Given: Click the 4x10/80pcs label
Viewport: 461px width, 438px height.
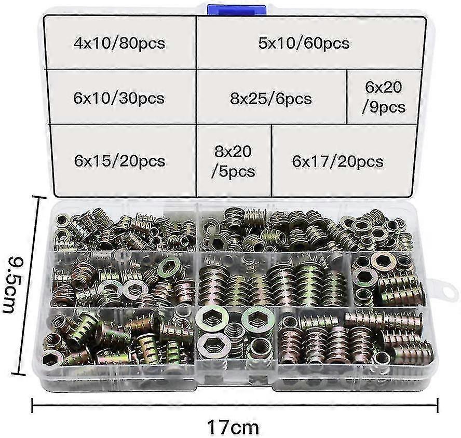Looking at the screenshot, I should (x=119, y=43).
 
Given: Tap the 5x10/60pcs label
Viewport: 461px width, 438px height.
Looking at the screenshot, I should (x=304, y=43).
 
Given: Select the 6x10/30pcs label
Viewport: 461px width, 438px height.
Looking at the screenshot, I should (x=119, y=98).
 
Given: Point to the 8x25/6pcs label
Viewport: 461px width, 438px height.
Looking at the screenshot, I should (x=272, y=98).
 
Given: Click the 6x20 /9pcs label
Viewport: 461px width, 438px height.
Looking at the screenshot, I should (x=384, y=97).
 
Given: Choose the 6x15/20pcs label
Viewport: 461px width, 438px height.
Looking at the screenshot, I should (x=119, y=161).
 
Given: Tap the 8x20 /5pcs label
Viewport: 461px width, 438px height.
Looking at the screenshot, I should (x=233, y=161).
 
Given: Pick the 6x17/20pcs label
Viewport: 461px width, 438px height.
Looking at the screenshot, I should (x=338, y=161).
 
